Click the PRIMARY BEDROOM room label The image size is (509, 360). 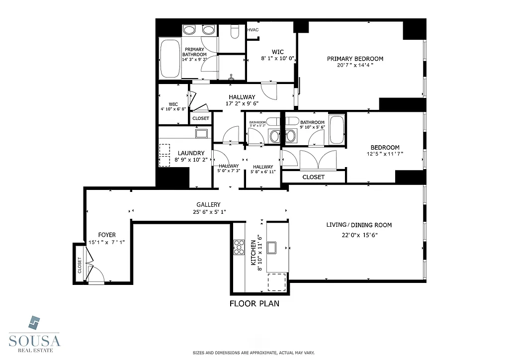point(355,59)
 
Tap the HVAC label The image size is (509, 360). point(253,30)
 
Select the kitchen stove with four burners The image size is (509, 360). point(240,247)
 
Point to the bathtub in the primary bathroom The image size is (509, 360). point(170,58)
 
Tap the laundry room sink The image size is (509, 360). point(202,133)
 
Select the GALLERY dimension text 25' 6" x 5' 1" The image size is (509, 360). point(208,212)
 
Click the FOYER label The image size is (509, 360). point(106,235)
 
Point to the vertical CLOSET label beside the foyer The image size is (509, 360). point(80,265)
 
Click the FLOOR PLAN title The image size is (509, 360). point(254,303)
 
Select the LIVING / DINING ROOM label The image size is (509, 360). point(359,225)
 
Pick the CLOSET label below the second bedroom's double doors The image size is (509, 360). point(313,177)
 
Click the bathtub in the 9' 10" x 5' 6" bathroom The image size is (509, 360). point(337,129)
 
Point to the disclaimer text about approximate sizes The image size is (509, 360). point(254,353)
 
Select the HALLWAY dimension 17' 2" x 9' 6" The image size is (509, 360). point(242,104)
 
